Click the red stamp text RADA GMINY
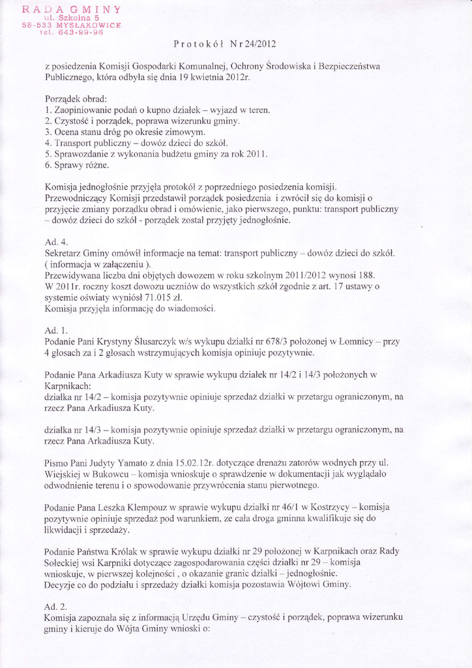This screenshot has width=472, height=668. tap(71, 9)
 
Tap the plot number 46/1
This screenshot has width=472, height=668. tap(291, 508)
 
